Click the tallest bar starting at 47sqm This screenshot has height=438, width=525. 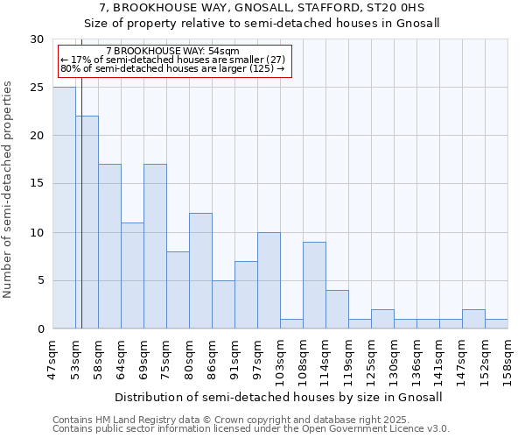point(64,208)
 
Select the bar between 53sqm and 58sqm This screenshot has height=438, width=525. point(87,223)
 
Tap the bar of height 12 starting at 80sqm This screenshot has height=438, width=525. point(200,271)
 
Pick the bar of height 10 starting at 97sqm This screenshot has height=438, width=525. point(269,280)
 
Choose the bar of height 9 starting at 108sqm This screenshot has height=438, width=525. point(314,286)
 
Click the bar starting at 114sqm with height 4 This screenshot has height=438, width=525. point(337,309)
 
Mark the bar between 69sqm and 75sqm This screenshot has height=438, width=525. point(155,246)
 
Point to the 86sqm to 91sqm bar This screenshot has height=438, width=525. point(223,305)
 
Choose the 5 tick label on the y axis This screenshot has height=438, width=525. point(41,280)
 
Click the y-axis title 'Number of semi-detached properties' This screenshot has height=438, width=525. point(9,189)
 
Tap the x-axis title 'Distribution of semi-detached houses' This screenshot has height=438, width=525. point(278,397)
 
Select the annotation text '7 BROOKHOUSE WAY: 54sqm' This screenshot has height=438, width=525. point(166,52)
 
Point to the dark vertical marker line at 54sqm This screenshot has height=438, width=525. point(81,219)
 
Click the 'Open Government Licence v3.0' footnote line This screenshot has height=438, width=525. point(251,429)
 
